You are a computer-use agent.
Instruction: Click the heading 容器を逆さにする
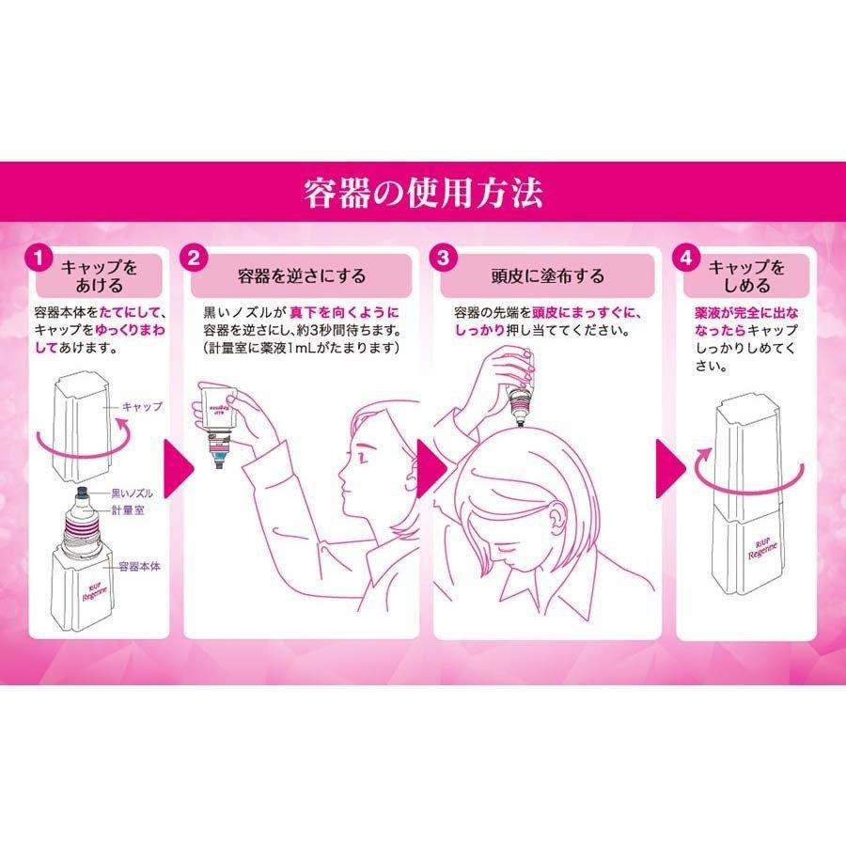click(301, 276)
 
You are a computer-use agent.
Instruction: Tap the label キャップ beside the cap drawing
click(143, 407)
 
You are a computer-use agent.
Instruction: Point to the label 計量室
click(126, 509)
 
